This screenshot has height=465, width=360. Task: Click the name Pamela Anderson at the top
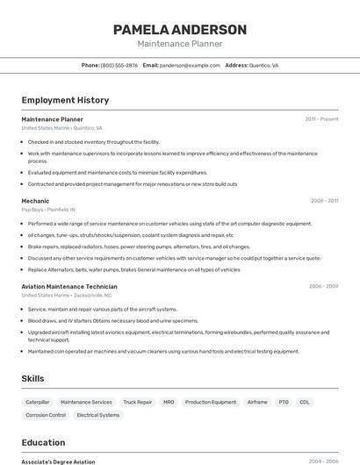tap(180, 30)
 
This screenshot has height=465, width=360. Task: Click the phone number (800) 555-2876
tap(119, 65)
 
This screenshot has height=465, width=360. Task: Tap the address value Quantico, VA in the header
tap(264, 65)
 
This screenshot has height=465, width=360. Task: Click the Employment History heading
tap(65, 100)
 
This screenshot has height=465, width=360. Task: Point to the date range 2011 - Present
tap(321, 119)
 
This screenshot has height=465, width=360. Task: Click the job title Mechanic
tap(35, 201)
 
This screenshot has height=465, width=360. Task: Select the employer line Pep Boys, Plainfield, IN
tap(48, 210)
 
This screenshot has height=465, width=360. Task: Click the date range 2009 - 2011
tap(324, 201)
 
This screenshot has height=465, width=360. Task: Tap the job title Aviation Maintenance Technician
tap(69, 287)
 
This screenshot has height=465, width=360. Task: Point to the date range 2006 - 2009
tap(323, 287)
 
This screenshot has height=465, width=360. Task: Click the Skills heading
tap(33, 378)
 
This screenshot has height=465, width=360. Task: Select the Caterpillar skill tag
tap(38, 402)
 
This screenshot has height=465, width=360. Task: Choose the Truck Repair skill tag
tap(138, 402)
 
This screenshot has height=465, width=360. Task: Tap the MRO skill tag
tap(169, 402)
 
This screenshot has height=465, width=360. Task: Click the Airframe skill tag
tap(257, 402)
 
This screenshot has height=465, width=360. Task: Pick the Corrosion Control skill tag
tap(46, 415)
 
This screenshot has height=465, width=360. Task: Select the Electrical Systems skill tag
tap(98, 415)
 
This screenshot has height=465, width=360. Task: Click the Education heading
tap(43, 442)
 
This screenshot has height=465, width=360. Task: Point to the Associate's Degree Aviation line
tap(58, 461)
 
